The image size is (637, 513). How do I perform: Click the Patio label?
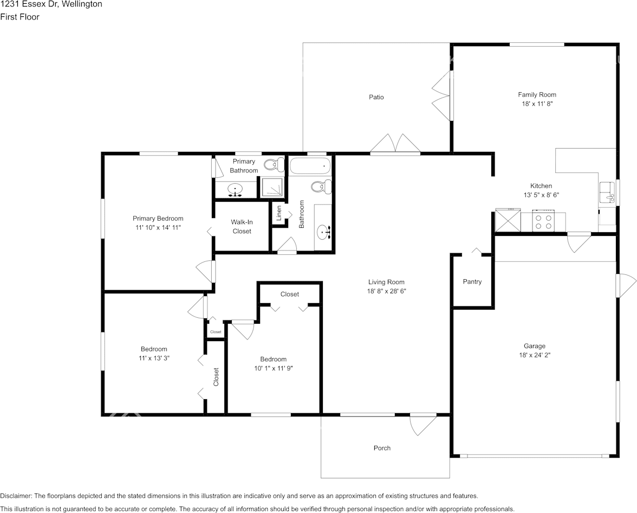click(x=376, y=97)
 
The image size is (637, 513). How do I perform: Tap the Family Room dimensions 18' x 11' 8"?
click(x=537, y=104)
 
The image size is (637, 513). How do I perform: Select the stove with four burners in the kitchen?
click(x=544, y=221)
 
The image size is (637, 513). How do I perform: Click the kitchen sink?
click(x=607, y=193)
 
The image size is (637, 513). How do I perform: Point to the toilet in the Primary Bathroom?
click(x=274, y=164)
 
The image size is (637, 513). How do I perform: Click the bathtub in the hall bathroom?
click(x=310, y=166)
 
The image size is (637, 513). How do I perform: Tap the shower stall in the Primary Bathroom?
click(x=272, y=188)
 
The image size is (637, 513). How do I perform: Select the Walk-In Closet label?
click(x=242, y=227)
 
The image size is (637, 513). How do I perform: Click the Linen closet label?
click(x=278, y=213)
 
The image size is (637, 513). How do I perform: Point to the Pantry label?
click(x=472, y=281)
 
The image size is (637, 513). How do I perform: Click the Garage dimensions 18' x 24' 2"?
click(x=535, y=355)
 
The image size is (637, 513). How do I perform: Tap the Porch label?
click(x=382, y=448)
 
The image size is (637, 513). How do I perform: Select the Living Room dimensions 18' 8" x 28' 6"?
click(x=386, y=291)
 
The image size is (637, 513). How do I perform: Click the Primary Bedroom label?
click(x=158, y=219)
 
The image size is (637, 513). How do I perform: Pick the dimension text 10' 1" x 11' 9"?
click(x=274, y=369)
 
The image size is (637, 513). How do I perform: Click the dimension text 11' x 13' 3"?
click(x=154, y=358)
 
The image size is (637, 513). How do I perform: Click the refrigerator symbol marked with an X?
click(x=508, y=220)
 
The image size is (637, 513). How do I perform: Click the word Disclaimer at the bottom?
click(x=15, y=496)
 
